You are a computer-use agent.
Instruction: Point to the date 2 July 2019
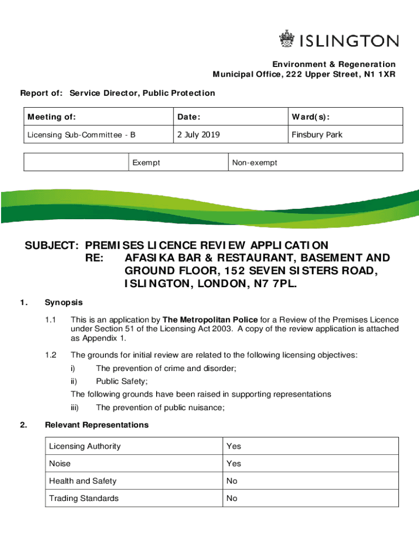point(198,134)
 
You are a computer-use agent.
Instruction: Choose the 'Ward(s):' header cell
point(311,117)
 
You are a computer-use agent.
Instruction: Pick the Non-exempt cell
point(255,163)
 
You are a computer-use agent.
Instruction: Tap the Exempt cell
point(146,163)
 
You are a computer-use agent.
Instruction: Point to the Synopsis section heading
point(64,302)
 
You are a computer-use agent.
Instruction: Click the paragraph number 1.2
point(51,355)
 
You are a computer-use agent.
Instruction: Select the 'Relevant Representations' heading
point(96,425)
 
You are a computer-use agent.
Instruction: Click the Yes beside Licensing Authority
point(233,446)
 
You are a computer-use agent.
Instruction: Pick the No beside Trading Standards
point(232,498)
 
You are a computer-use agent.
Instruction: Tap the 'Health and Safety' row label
point(83,481)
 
